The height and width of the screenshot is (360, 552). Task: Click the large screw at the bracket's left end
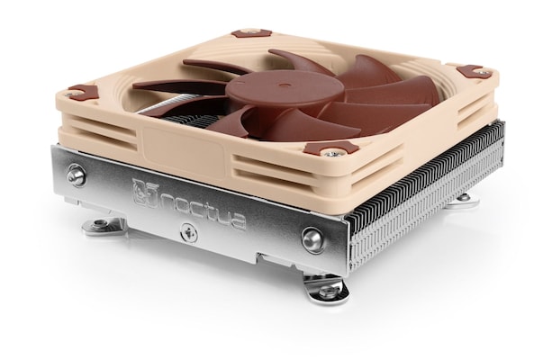[x=77, y=175]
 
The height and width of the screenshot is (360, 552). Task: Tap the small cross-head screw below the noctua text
[x=188, y=232]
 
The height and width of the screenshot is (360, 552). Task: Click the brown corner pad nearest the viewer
[x=331, y=148]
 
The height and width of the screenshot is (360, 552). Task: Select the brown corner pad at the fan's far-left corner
[x=83, y=91]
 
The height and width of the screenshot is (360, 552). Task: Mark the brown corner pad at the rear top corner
[x=251, y=33]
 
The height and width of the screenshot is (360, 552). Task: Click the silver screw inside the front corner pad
[x=332, y=151]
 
